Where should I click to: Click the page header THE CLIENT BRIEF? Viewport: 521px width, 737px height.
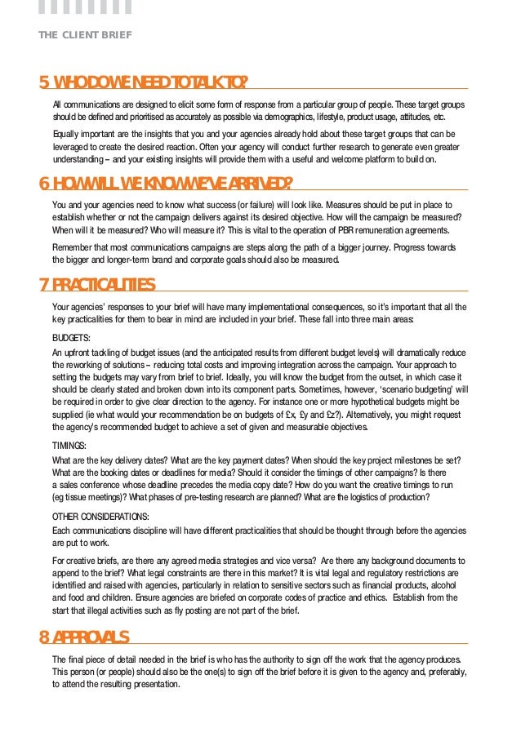click(x=85, y=35)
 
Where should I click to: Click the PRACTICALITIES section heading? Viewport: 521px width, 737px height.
click(x=104, y=285)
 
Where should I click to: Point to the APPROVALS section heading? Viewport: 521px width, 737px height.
click(x=91, y=637)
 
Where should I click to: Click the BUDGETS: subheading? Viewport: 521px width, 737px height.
click(x=71, y=336)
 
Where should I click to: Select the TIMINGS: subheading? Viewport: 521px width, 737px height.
click(x=69, y=446)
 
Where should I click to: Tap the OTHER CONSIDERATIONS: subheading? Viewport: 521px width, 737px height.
click(x=100, y=517)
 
